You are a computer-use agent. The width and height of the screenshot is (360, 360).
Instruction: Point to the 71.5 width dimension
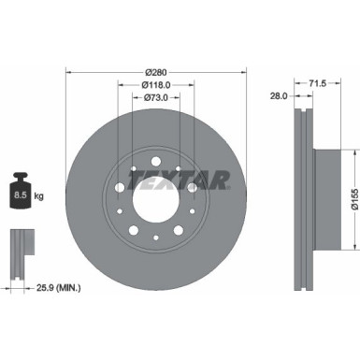tap(319, 83)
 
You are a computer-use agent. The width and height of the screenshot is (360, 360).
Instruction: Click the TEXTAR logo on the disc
tap(193, 175)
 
